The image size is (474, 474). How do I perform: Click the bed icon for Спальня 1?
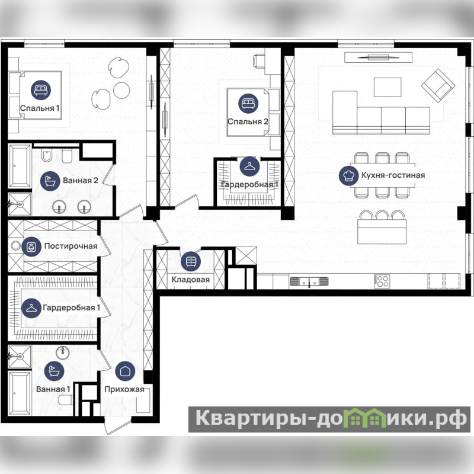click(41, 90)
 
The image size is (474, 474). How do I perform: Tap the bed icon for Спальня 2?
click(248, 103)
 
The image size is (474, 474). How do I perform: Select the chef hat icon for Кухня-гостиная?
click(348, 175)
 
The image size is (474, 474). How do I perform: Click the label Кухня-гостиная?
click(393, 175)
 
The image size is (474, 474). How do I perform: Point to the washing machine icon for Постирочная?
click(31, 246)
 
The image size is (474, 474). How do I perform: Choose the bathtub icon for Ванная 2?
click(50, 181)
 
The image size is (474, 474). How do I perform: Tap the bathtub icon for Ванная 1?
click(54, 371)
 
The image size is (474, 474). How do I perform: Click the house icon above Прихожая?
click(125, 371)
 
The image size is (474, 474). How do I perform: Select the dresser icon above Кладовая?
click(191, 261)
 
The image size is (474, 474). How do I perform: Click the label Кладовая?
click(191, 279)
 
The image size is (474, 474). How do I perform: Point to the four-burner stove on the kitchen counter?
click(382, 281)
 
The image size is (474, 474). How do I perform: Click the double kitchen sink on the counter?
click(309, 281)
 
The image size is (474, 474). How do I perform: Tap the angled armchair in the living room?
click(438, 85)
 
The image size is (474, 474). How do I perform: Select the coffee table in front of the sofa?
click(387, 87)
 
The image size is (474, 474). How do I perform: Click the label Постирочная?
click(71, 246)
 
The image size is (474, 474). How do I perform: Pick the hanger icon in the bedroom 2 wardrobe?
click(249, 166)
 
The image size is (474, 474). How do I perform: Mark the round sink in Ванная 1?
click(63, 352)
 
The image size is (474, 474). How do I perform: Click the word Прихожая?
click(124, 389)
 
